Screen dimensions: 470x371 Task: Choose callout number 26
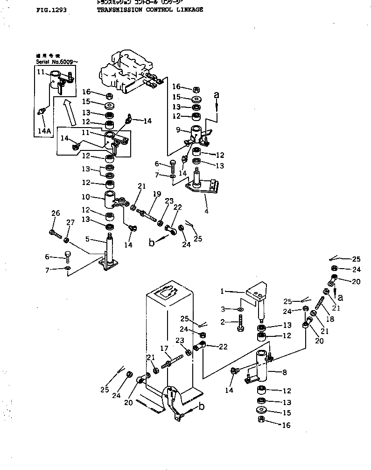56,214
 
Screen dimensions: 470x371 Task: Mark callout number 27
70,223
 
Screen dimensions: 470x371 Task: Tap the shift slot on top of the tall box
167,293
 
